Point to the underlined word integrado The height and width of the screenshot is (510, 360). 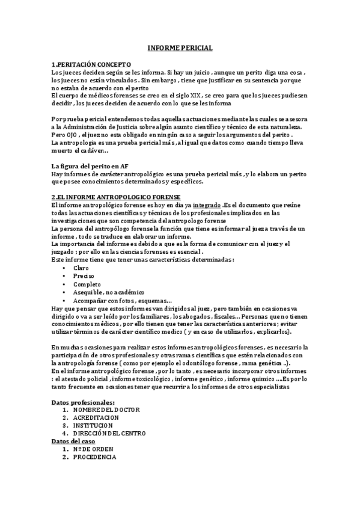click(206, 205)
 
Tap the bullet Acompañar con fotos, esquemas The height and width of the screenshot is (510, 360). click(122, 300)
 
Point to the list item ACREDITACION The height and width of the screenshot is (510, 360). click(96, 417)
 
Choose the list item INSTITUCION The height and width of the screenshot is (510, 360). click(94, 425)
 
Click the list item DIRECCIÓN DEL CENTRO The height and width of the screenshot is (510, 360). click(109, 433)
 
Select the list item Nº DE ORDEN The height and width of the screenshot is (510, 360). click(93, 449)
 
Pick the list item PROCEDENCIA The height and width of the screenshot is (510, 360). click(95, 457)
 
